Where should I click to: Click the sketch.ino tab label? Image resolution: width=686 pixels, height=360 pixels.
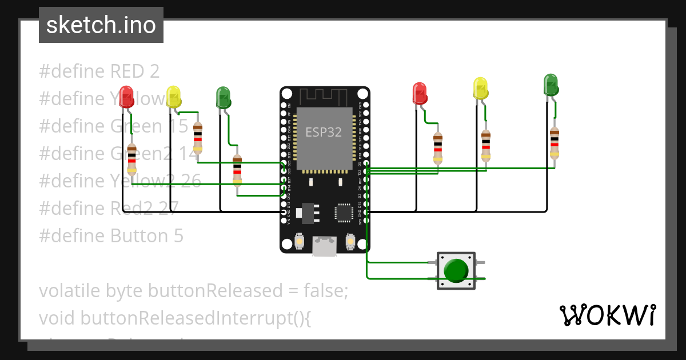coord(101,25)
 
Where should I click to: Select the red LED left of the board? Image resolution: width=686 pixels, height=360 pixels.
coord(126,95)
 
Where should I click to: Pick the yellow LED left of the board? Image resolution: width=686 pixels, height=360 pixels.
coord(173,96)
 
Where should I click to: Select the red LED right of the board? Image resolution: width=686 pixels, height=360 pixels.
coord(420,93)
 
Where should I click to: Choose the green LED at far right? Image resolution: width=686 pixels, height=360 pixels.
coord(550,84)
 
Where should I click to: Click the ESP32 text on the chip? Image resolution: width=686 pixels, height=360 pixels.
coord(324,132)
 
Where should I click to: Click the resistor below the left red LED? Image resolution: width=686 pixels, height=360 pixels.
coord(132,158)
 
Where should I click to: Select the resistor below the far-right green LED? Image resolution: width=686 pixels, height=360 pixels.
coord(554,143)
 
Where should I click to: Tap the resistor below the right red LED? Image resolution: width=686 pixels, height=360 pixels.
coord(437,148)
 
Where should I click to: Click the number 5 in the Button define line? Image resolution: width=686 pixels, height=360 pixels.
coord(178,235)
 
